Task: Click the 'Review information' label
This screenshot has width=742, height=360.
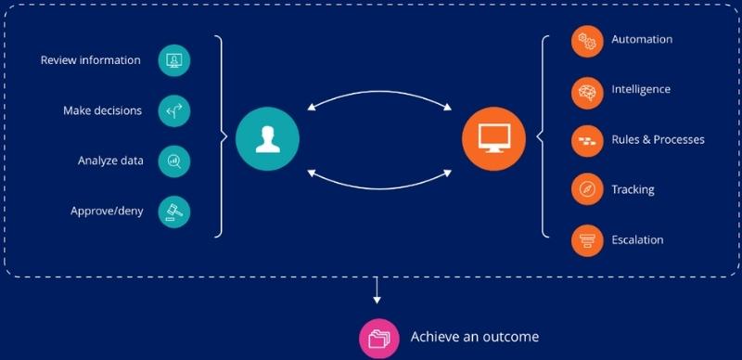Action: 91,61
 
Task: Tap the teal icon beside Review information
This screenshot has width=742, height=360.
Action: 173,61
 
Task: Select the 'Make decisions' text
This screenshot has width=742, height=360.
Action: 103,111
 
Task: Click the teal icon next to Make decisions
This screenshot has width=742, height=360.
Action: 173,111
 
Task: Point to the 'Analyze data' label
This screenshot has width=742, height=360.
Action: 110,161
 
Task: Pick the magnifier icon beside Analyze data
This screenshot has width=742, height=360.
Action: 173,161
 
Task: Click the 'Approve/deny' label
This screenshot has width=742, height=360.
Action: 107,211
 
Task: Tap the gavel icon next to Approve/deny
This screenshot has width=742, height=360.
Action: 173,211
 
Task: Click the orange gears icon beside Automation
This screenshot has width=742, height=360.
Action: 586,41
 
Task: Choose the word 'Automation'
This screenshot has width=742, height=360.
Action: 642,40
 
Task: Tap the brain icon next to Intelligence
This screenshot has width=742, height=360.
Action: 586,91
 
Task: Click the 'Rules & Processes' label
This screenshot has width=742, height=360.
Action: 658,140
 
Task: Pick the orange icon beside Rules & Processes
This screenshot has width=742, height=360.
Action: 586,140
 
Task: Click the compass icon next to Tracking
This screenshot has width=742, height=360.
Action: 586,190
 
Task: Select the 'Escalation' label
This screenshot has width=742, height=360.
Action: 637,240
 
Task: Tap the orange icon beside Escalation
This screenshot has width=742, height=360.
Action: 586,240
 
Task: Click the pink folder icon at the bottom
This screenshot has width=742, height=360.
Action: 378,338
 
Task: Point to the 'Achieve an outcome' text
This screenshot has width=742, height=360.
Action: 474,337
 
